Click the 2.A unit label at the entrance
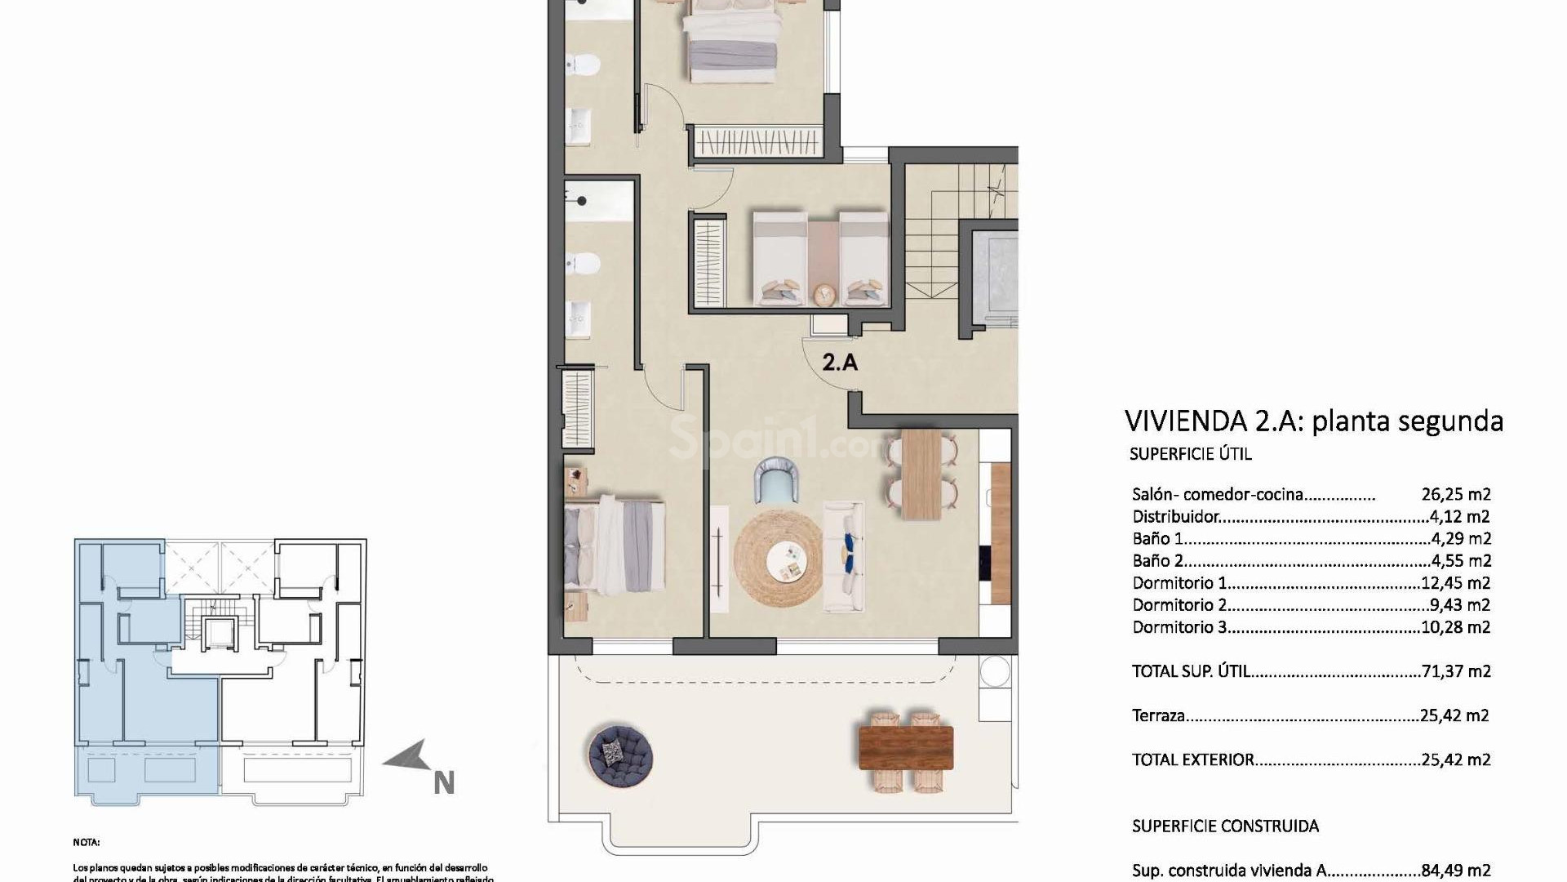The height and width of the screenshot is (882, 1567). click(840, 362)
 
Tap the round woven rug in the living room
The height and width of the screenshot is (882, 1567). click(778, 558)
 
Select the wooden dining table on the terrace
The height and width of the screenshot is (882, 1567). click(906, 747)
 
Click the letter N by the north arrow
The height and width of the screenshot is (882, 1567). click(443, 782)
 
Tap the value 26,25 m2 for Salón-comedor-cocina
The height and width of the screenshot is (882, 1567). click(1456, 494)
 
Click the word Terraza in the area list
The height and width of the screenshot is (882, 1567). click(1158, 716)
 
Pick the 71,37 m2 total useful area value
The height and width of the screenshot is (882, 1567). click(1456, 671)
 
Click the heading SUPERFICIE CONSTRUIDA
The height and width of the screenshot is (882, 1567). click(1225, 826)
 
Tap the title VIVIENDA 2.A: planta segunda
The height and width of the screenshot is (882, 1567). click(1313, 421)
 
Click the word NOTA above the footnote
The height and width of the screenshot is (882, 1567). click(87, 842)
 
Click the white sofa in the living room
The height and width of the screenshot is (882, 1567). click(844, 556)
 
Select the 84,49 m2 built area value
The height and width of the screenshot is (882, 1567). click(1456, 871)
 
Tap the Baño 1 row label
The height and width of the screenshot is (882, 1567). click(1157, 539)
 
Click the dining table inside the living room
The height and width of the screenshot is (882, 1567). click(921, 474)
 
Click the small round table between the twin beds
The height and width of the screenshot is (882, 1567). click(824, 292)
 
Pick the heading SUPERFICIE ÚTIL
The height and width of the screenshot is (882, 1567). click(1190, 454)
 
